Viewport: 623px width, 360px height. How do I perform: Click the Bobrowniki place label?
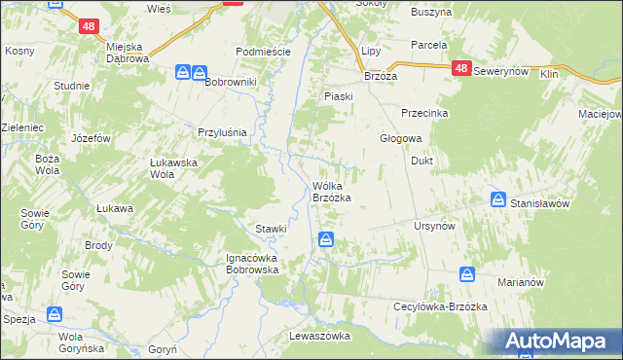[230, 82]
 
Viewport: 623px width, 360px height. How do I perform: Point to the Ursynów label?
[434, 226]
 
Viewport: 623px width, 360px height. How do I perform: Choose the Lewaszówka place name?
[319, 335]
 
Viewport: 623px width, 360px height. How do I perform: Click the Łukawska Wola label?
[174, 169]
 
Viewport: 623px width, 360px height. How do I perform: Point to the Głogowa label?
[399, 138]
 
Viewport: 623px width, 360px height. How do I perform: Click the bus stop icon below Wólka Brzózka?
[327, 239]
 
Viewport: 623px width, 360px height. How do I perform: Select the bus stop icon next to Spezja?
[55, 315]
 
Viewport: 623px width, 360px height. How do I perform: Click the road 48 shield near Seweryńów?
[461, 69]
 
